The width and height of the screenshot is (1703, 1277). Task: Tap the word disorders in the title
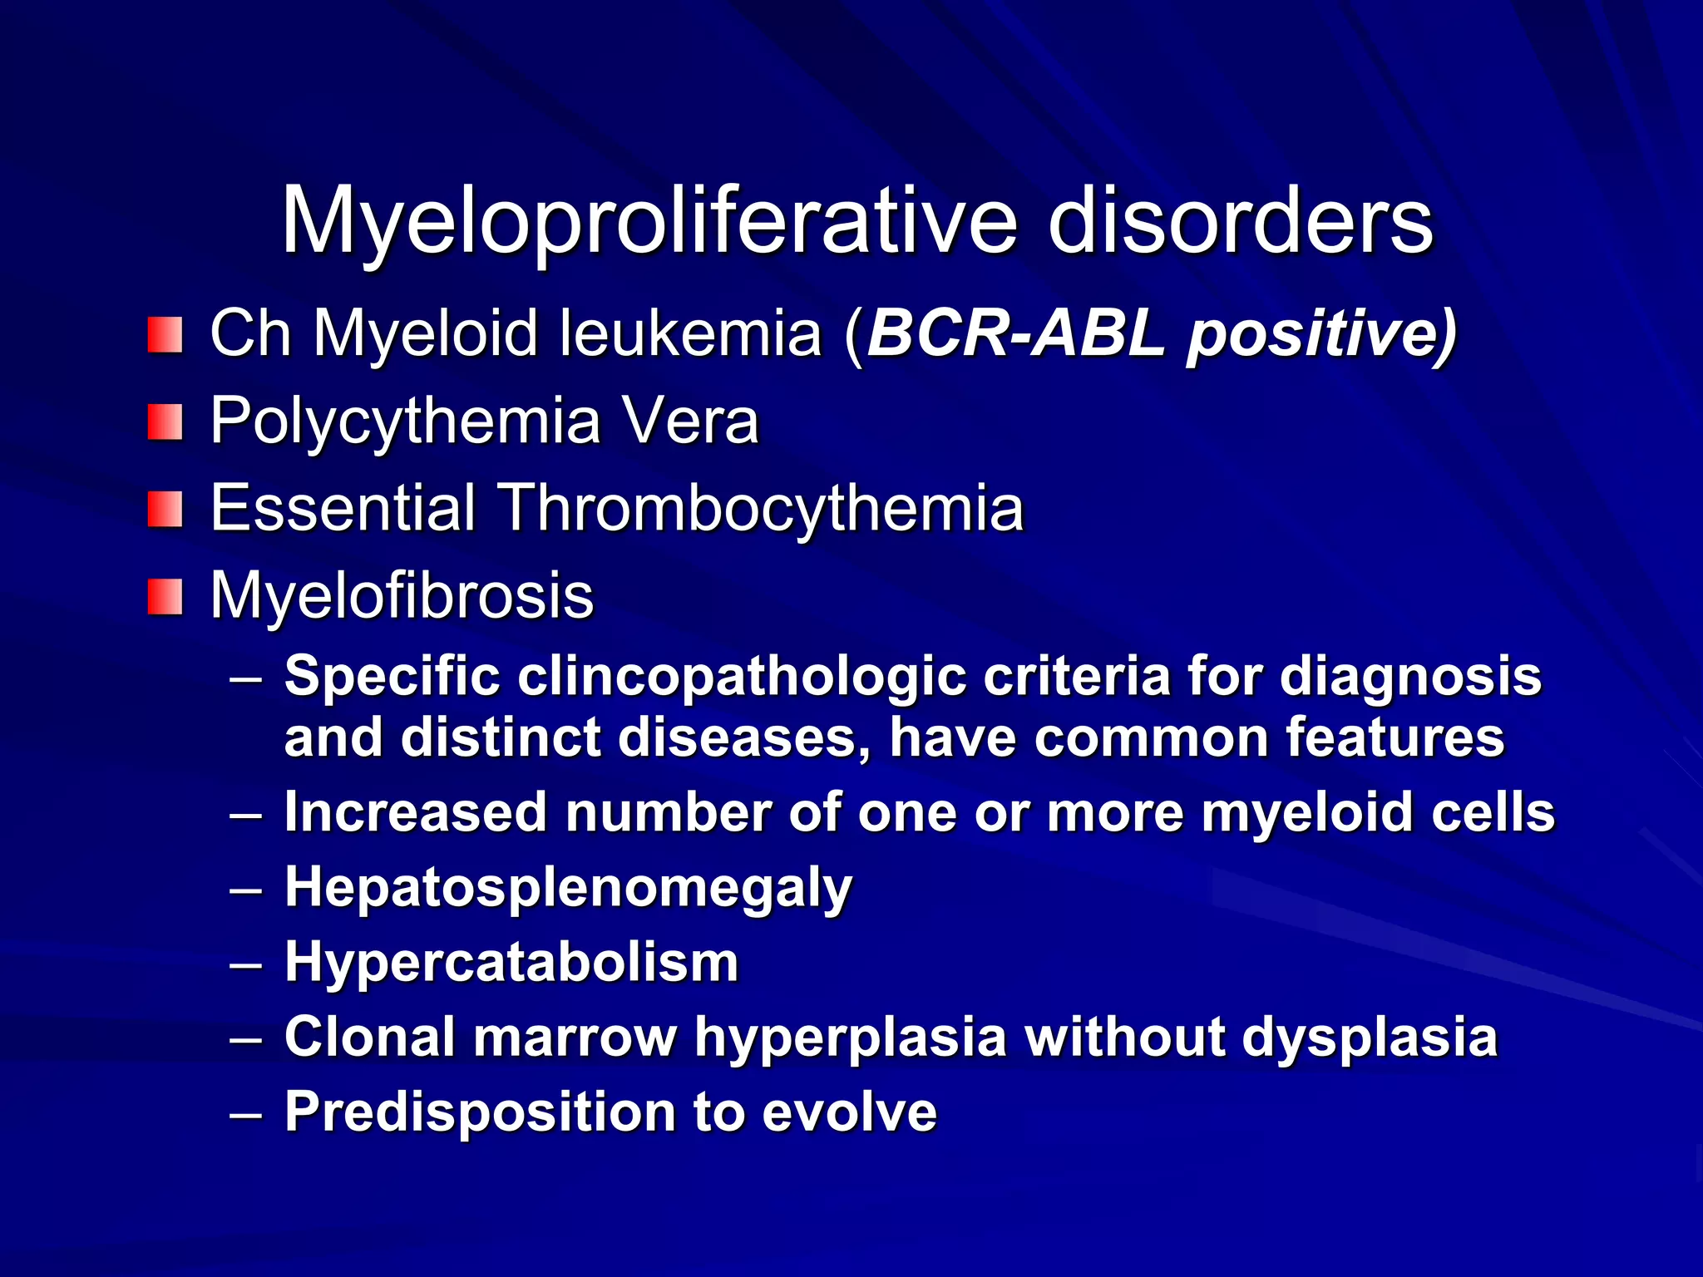coord(1240,221)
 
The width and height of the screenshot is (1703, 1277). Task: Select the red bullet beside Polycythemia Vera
coord(165,422)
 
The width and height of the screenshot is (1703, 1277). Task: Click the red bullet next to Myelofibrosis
coord(165,597)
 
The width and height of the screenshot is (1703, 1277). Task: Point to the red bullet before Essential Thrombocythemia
coord(165,510)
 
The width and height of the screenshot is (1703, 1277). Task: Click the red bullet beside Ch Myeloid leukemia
coord(165,335)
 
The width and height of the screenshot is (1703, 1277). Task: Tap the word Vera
coord(691,421)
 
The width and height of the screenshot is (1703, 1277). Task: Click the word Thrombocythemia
coord(760,508)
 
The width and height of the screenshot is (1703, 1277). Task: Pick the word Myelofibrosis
coord(402,595)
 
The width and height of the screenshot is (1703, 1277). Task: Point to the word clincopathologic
coord(742,676)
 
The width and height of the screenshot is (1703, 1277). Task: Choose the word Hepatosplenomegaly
coord(568,888)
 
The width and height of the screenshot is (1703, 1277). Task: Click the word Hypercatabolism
coord(511,962)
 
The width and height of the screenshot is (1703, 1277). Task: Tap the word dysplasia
coord(1370,1038)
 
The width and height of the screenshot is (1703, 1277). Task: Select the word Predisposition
coord(480,1112)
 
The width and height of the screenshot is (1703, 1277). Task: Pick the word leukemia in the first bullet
coord(690,334)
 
